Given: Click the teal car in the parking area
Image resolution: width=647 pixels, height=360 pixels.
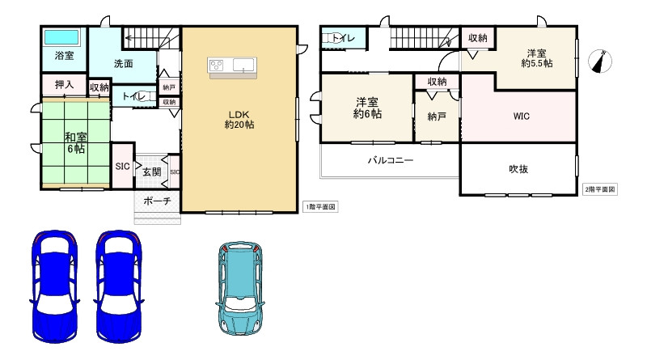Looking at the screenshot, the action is click(239, 288).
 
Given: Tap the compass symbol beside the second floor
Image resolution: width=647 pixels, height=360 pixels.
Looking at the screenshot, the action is click(600, 61).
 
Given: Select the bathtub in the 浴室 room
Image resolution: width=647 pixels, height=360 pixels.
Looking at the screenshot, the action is click(61, 37).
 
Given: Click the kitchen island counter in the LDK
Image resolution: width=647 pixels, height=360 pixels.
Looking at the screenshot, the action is click(232, 67).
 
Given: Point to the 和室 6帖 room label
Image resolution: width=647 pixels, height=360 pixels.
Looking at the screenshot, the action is click(75, 142).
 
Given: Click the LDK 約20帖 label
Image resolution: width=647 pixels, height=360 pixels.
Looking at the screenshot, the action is click(239, 119).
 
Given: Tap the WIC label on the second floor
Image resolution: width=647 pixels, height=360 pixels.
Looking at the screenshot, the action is click(521, 116).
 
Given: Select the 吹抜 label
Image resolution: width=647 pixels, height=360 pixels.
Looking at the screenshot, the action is click(518, 169).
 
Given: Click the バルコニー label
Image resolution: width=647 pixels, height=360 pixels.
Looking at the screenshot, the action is click(391, 159).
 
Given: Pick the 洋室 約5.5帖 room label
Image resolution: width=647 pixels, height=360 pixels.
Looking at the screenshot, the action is click(536, 58).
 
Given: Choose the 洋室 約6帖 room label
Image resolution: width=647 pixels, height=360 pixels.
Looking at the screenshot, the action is click(367, 108).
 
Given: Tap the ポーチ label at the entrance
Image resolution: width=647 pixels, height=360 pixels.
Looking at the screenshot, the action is click(157, 201).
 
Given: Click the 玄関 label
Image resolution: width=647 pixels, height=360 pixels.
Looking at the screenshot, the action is click(152, 172).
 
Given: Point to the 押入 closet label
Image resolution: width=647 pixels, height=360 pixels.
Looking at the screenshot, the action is click(65, 85).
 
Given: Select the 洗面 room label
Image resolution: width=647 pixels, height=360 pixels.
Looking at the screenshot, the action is click(124, 64).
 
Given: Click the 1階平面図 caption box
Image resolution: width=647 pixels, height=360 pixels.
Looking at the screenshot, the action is click(320, 207).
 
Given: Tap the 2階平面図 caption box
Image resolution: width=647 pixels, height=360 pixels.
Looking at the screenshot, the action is click(599, 189).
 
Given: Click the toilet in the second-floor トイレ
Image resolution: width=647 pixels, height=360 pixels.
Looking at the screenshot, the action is click(332, 38).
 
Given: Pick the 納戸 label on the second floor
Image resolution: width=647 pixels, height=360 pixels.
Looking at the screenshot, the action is click(437, 116).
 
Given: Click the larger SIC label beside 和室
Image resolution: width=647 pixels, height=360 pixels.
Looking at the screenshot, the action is click(123, 167).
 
